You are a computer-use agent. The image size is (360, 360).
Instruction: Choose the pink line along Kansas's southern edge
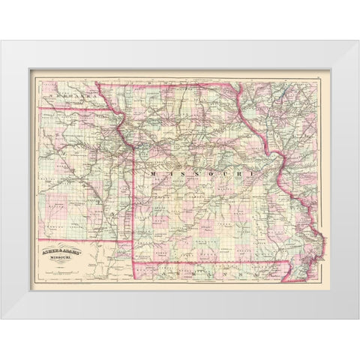(82, 241)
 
